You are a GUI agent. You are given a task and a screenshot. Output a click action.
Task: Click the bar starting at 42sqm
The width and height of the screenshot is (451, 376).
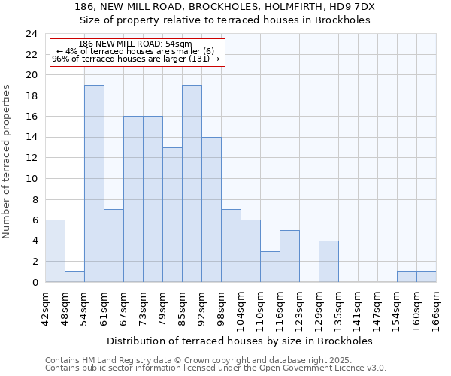coord(55,251)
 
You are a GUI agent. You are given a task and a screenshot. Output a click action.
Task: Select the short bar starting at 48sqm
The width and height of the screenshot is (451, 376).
coord(74,277)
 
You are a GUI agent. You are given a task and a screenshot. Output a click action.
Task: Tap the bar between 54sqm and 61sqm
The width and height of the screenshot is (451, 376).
coord(94,183)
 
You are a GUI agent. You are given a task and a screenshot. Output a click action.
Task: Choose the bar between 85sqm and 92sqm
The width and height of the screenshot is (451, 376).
coord(192,183)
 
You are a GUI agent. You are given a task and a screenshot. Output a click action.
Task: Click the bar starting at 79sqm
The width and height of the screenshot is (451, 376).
coord(172,215)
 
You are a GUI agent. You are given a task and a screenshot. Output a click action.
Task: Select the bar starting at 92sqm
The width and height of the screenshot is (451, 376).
coord(211,210)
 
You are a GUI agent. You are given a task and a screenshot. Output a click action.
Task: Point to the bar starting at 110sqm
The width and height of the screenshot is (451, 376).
coord(270,267)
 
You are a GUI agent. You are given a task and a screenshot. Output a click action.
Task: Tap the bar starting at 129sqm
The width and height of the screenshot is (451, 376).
coord(328,262)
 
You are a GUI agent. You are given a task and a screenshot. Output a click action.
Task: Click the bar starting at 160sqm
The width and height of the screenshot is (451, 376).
coord(426,277)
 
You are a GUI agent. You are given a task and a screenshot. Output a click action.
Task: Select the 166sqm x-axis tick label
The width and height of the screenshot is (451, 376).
coord(437,309)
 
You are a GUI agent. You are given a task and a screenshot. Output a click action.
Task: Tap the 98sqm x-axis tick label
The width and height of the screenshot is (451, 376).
coord(222,309)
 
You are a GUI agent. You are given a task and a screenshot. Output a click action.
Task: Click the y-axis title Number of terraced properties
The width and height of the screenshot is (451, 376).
coord(7,161)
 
